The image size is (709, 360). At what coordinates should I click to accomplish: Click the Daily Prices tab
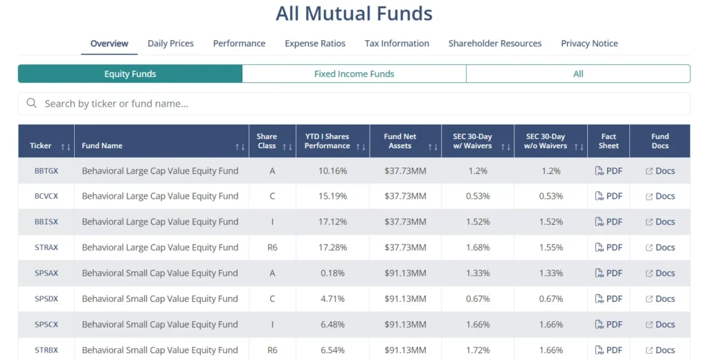[x=170, y=44]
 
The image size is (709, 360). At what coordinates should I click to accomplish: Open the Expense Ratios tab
[x=315, y=44]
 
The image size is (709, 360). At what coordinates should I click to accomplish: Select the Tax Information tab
[x=397, y=44]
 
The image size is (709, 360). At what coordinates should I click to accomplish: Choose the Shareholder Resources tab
[x=495, y=44]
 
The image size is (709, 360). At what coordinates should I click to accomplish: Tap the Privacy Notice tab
[x=589, y=44]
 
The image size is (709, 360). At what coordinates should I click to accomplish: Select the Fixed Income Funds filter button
[x=354, y=74]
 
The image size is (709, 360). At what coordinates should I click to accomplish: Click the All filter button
[x=578, y=74]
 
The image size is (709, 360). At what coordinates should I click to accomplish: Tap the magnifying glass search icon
[x=31, y=104]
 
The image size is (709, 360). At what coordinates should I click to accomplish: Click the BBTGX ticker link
[x=46, y=171]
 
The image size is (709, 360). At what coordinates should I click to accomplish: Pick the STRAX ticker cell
[x=46, y=248]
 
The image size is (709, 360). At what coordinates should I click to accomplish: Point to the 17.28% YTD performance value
[x=332, y=248]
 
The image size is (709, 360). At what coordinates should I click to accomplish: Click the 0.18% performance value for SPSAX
[x=332, y=273]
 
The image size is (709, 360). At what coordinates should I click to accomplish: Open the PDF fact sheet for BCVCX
[x=609, y=197]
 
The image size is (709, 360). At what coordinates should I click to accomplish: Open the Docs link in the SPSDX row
[x=660, y=299]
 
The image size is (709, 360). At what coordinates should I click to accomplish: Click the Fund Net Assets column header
[x=400, y=141]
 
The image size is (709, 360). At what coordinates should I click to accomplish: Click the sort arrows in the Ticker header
[x=66, y=147]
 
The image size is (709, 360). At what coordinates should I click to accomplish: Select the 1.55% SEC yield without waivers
[x=550, y=248]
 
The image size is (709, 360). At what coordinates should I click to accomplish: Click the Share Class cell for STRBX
[x=272, y=350]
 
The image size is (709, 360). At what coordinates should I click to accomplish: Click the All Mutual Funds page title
[x=354, y=14]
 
